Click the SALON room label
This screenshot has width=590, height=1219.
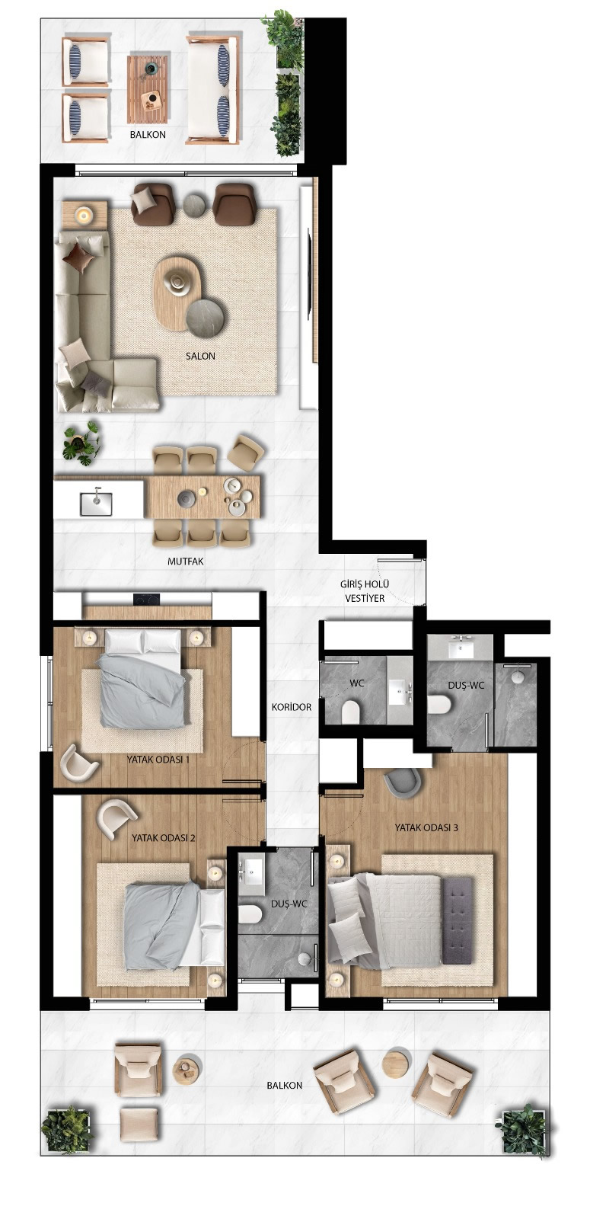[200, 356]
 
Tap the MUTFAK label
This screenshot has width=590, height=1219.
[186, 562]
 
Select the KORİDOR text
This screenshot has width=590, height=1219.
[292, 707]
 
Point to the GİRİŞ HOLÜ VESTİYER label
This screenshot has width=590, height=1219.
[365, 591]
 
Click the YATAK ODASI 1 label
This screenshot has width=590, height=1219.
[158, 760]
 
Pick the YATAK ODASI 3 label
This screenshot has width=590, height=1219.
[426, 827]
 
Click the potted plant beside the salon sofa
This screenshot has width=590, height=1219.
[81, 442]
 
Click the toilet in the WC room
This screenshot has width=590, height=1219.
[351, 712]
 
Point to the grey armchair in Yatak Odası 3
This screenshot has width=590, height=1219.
[401, 782]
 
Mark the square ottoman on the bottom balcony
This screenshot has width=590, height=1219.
[139, 1123]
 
